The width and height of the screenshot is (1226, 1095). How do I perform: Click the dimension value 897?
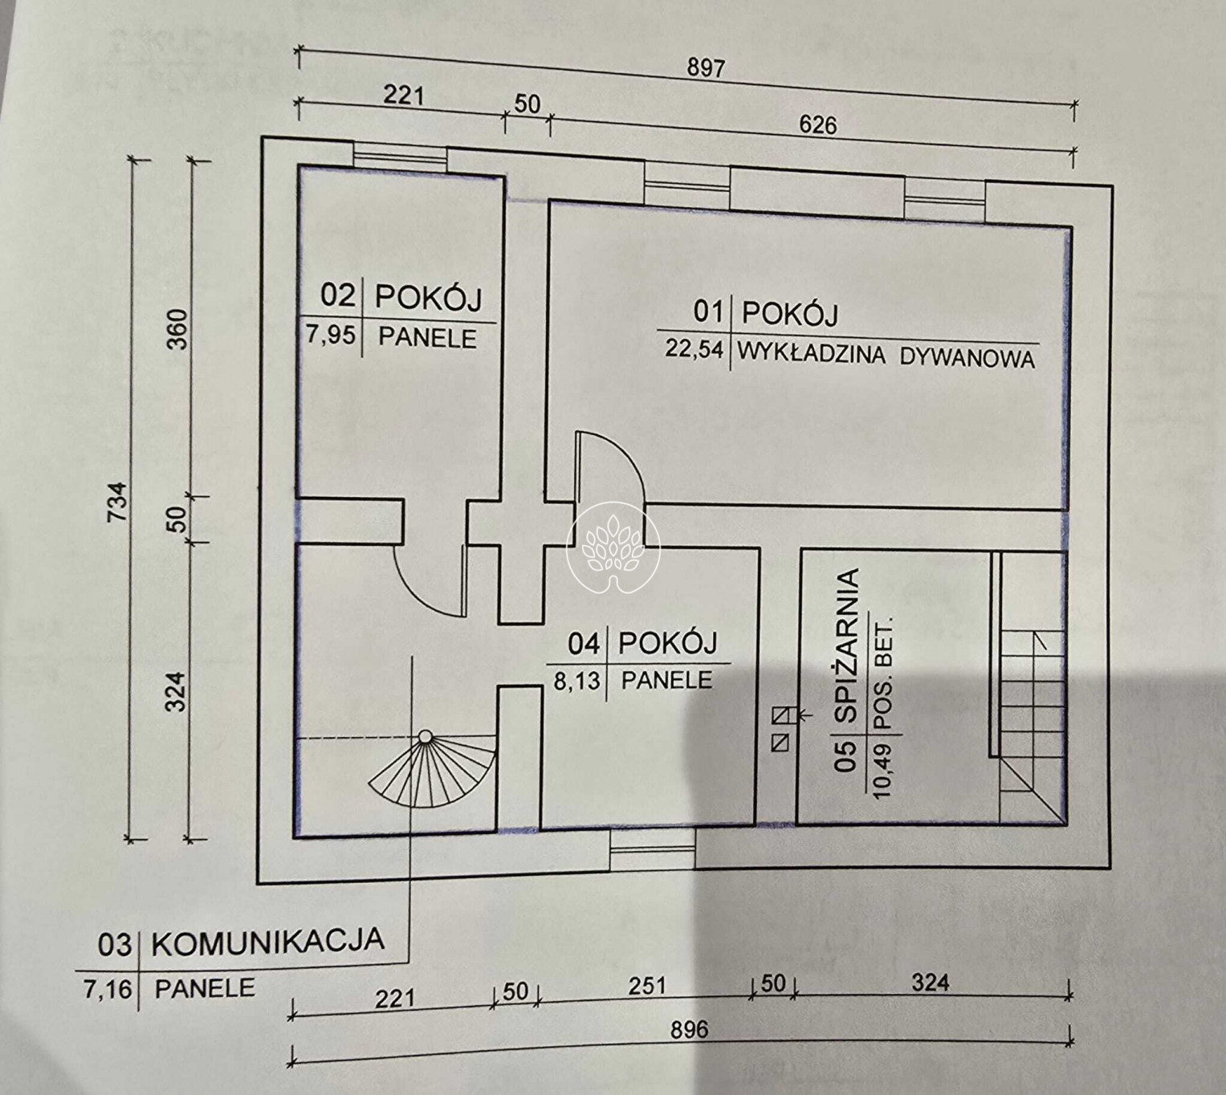(x=706, y=67)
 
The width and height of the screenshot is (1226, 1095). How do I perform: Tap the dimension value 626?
(x=818, y=124)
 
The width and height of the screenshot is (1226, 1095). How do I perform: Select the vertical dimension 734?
(x=117, y=501)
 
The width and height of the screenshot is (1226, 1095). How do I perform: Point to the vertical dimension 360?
(x=178, y=329)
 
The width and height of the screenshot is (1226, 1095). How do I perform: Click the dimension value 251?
(x=647, y=986)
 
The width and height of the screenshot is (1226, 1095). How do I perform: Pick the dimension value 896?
(x=689, y=1030)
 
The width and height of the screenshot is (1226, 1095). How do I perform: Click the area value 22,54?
(x=694, y=349)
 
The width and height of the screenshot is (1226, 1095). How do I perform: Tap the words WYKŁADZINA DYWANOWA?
(x=886, y=356)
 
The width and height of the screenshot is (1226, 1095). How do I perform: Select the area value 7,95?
(x=331, y=334)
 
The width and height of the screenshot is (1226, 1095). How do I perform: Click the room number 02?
(x=338, y=296)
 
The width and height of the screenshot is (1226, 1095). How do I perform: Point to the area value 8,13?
(x=576, y=681)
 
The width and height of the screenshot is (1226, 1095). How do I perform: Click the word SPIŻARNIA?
(x=846, y=645)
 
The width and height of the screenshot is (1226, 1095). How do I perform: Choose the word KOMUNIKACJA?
(x=267, y=940)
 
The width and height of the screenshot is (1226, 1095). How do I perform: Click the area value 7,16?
(x=108, y=989)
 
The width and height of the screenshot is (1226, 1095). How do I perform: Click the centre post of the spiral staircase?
(x=426, y=736)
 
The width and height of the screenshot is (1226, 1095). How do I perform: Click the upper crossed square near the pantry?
(x=780, y=715)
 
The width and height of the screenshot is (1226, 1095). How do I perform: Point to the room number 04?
(x=584, y=644)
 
